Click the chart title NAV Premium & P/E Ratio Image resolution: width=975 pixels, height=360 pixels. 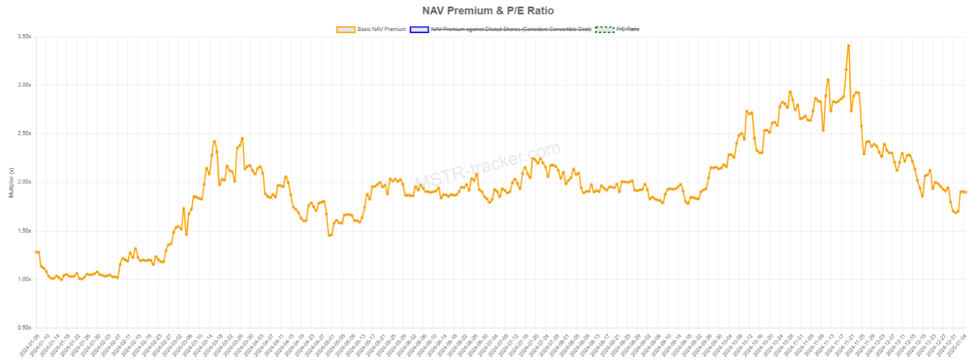[487, 10]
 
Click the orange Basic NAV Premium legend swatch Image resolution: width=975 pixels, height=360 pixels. [346, 29]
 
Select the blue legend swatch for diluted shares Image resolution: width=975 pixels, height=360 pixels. [419, 29]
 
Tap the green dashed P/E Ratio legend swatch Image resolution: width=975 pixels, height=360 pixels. [604, 29]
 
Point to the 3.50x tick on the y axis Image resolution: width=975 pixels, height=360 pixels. [24, 37]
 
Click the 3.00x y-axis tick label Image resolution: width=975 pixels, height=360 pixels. [24, 85]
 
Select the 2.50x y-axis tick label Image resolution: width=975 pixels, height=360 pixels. [24, 133]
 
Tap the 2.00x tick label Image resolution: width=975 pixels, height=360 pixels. [24, 182]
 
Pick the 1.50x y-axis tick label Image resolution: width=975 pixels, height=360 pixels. [24, 231]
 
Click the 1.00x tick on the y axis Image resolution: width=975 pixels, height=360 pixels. [24, 279]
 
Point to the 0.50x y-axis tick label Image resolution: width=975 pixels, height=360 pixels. [24, 328]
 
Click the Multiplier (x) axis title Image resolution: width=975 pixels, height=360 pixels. [11, 182]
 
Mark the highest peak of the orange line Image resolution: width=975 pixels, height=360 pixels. [848, 46]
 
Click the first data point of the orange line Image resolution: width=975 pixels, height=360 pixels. [37, 252]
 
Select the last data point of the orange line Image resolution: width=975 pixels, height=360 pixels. [965, 192]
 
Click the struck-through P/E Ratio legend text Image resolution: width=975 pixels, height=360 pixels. [628, 29]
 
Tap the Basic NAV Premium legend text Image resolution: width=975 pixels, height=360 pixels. [381, 29]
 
